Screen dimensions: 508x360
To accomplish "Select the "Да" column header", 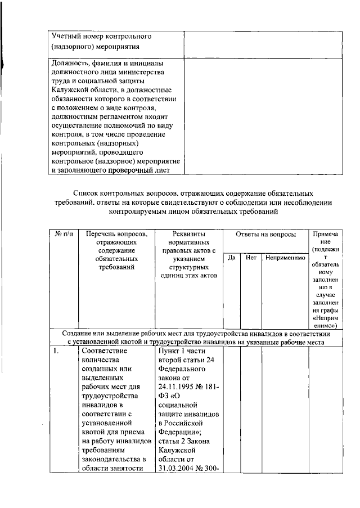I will point(231,257).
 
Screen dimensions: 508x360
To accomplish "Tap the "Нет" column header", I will point(251,257).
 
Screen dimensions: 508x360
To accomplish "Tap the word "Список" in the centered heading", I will point(87,193).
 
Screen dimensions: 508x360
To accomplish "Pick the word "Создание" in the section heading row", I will point(79,334).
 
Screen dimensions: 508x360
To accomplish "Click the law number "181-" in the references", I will point(208,387).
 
